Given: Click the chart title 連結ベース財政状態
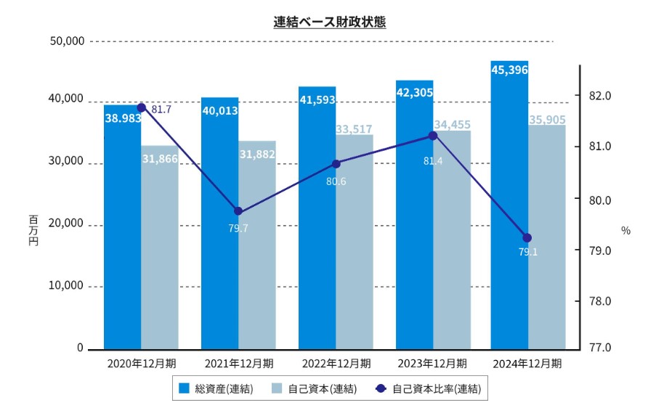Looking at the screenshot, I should pyautogui.click(x=329, y=22).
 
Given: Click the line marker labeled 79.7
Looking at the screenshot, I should pyautogui.click(x=238, y=212).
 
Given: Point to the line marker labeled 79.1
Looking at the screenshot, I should pyautogui.click(x=527, y=238).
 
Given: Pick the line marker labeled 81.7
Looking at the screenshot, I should pyautogui.click(x=142, y=107).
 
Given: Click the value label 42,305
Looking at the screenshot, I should pyautogui.click(x=414, y=92).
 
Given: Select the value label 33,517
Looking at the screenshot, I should pyautogui.click(x=354, y=129).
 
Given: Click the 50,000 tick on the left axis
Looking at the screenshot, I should pyautogui.click(x=65, y=41).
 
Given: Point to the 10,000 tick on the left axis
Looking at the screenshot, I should pyautogui.click(x=65, y=285).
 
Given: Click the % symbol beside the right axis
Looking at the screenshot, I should pyautogui.click(x=626, y=230).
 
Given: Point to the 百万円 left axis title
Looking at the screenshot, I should pyautogui.click(x=33, y=230).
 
